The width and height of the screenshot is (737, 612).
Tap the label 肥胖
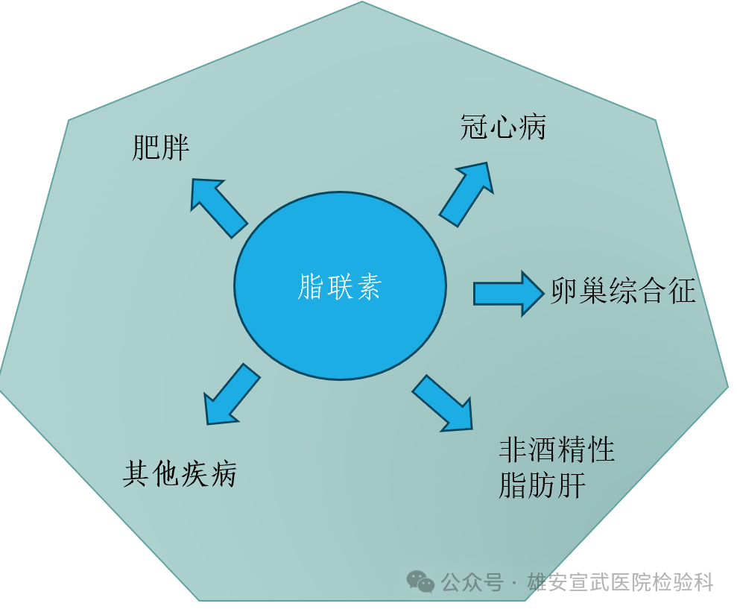[x=160, y=148]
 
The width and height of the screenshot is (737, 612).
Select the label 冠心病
[x=504, y=127]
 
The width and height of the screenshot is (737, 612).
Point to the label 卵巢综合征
[x=623, y=291]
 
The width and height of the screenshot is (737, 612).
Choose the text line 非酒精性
[x=557, y=449]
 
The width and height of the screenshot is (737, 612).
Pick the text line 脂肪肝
[x=543, y=485]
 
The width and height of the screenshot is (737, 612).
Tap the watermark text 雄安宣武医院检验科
[x=620, y=582]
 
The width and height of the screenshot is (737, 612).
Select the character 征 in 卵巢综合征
[x=681, y=291]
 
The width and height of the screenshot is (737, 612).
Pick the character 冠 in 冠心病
[x=475, y=127]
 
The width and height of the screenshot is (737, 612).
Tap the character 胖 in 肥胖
[x=175, y=148]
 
